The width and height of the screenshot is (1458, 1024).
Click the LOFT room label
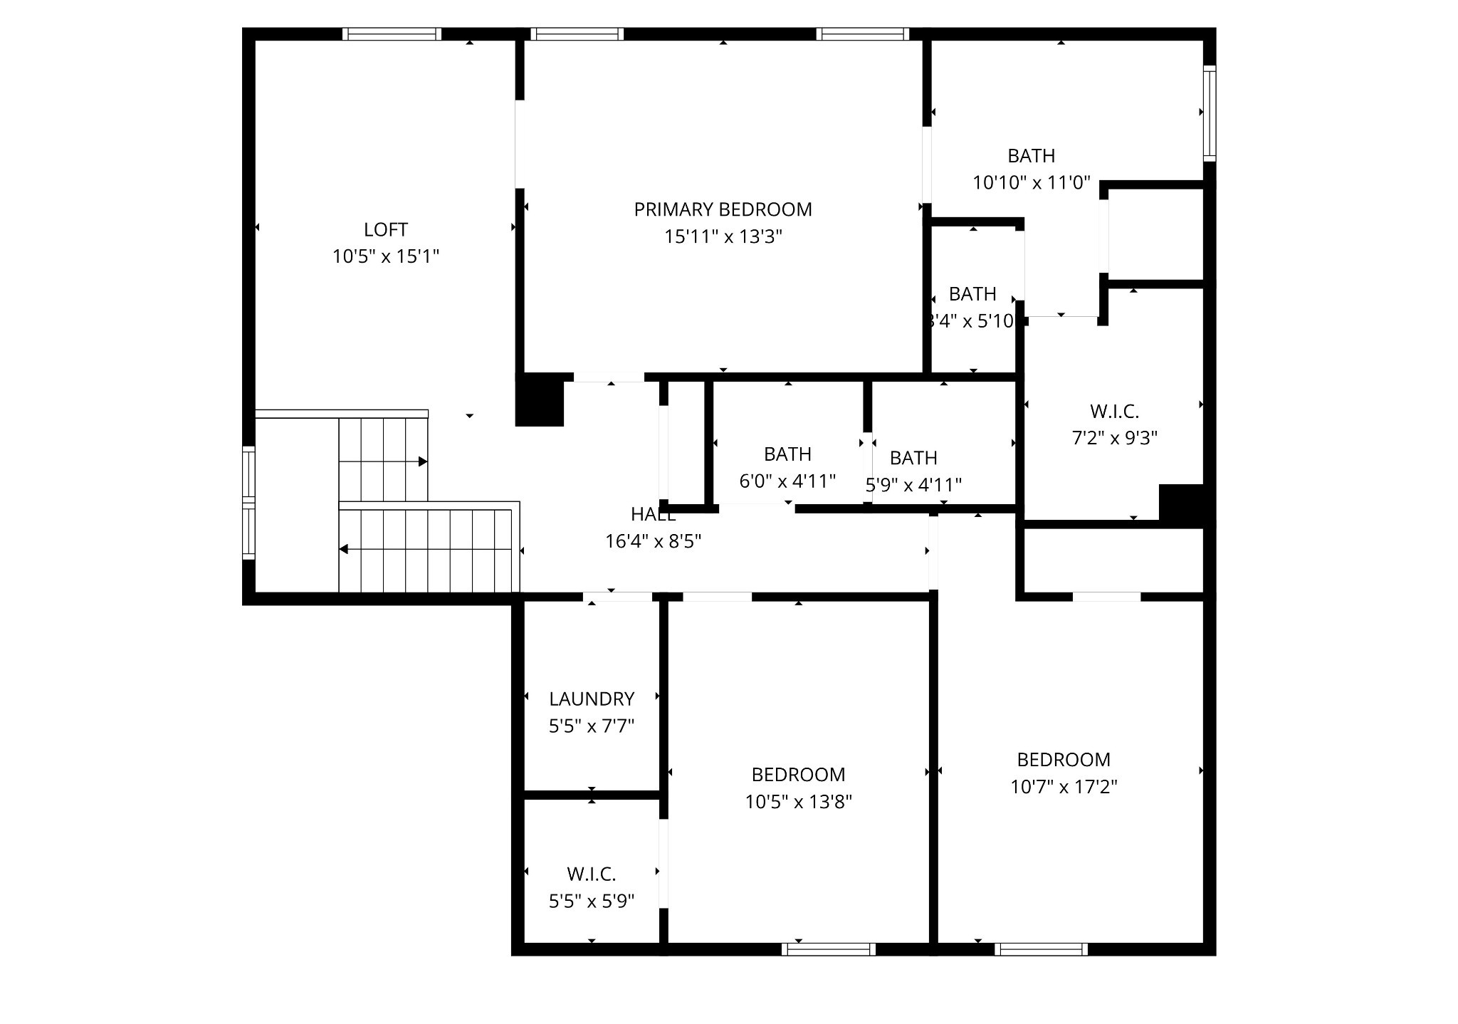pos(385,230)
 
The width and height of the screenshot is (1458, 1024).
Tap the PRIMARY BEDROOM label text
pos(723,209)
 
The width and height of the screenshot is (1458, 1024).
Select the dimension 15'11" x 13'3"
pos(723,236)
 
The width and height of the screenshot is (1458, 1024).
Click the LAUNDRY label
pos(591,699)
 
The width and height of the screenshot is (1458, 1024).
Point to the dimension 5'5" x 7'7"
pos(591,726)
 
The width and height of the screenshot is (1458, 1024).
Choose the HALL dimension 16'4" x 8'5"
pos(653,541)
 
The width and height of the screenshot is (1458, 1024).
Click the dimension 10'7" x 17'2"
pos(1063,787)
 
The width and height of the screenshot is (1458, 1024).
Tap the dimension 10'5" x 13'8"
pos(798,802)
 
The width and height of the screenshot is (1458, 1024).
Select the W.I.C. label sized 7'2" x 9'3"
pos(1114,412)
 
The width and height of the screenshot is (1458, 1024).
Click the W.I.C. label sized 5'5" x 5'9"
pos(591,874)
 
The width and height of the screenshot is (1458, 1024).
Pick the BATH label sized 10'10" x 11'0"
pos(1031,156)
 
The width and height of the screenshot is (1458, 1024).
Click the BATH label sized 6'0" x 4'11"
pos(787,454)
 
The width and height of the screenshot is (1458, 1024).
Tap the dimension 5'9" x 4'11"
pos(913,485)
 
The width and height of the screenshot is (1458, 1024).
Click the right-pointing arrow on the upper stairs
pos(422,461)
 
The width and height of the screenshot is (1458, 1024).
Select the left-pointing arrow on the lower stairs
pos(344,549)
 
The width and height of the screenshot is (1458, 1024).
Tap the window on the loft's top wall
pos(392,34)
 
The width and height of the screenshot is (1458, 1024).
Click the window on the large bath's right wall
pos(1209,113)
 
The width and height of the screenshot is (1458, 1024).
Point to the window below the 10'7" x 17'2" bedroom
pos(1041,949)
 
